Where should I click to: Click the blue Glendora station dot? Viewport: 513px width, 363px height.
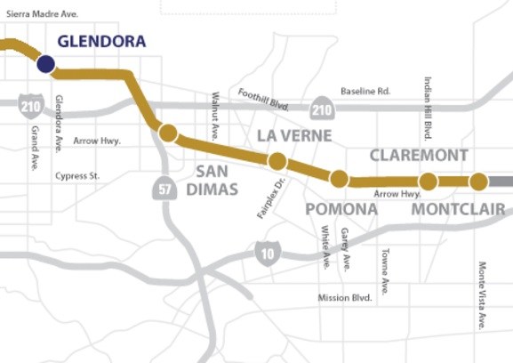coord(45,64)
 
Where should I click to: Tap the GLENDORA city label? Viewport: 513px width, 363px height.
coord(101,41)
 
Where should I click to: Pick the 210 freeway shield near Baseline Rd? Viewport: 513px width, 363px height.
coord(322,109)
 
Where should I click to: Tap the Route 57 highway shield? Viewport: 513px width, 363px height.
coord(163,188)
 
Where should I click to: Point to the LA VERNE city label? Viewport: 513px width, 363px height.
coord(293,136)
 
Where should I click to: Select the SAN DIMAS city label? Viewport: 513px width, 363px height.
coord(212,180)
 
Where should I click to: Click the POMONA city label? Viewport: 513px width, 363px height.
coord(341,209)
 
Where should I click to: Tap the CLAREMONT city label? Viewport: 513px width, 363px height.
coord(419,156)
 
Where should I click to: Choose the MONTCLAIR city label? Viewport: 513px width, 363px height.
coord(458,210)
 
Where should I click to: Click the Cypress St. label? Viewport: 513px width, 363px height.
coord(77,176)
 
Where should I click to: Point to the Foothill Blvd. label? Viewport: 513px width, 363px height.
coord(264,98)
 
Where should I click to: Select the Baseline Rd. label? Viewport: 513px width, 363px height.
coord(365,92)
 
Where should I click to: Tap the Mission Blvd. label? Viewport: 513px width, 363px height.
coord(344,298)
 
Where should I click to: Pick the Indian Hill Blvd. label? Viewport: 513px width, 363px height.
coord(428,108)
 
